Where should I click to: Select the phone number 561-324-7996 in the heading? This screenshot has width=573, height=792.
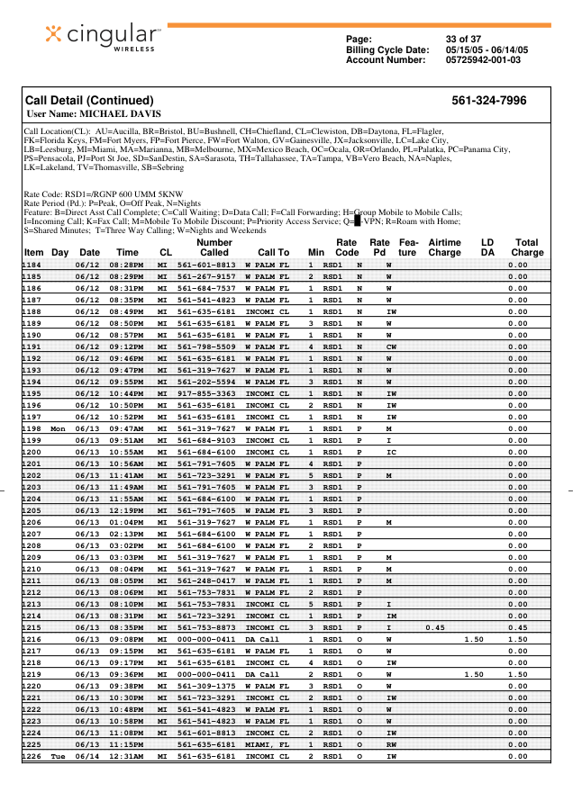pos(488,101)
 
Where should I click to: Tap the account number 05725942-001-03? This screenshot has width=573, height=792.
pos(483,60)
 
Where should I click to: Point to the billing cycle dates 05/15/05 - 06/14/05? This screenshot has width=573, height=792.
pos(487,50)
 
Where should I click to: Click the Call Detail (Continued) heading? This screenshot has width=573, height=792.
pos(89,101)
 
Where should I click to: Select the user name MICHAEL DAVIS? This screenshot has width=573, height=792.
pos(94,114)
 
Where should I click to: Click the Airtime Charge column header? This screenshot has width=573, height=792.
pos(444,247)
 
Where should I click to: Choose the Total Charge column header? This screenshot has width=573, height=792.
pos(526,247)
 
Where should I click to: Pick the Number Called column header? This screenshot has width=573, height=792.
pos(214,247)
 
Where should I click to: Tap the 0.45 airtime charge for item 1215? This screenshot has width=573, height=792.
pos(436,627)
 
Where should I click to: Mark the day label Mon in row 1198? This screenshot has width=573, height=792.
pos(59,429)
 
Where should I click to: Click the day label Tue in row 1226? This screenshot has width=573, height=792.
pos(59,757)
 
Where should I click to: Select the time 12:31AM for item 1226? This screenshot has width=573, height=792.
pos(128,757)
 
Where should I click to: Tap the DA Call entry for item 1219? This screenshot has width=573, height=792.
pos(262,674)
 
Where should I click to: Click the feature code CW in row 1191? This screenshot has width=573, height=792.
pos(391,371)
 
